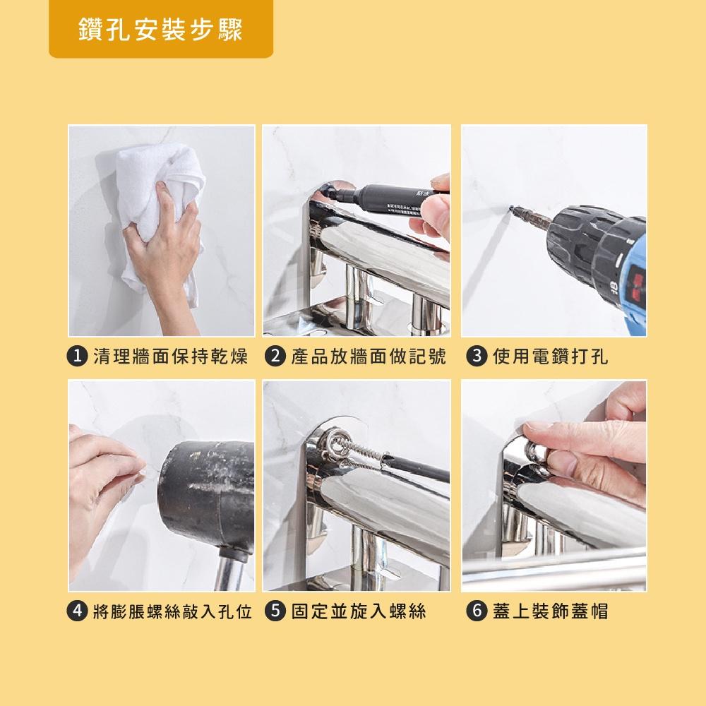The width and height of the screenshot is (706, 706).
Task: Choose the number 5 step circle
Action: coord(275,611)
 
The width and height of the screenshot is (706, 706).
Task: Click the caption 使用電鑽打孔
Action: coord(551,357)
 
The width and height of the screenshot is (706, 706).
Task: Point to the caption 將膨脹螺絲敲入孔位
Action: coord(172,611)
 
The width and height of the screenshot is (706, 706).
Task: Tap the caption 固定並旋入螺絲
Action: coord(359,611)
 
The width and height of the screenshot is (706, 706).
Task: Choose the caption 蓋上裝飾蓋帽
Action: coord(551,611)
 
